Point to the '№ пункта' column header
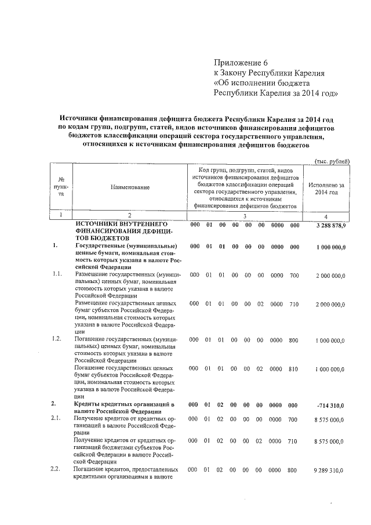point(61,187)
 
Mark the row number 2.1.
point(57,419)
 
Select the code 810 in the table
point(294,368)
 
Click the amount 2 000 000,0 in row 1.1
point(330,274)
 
